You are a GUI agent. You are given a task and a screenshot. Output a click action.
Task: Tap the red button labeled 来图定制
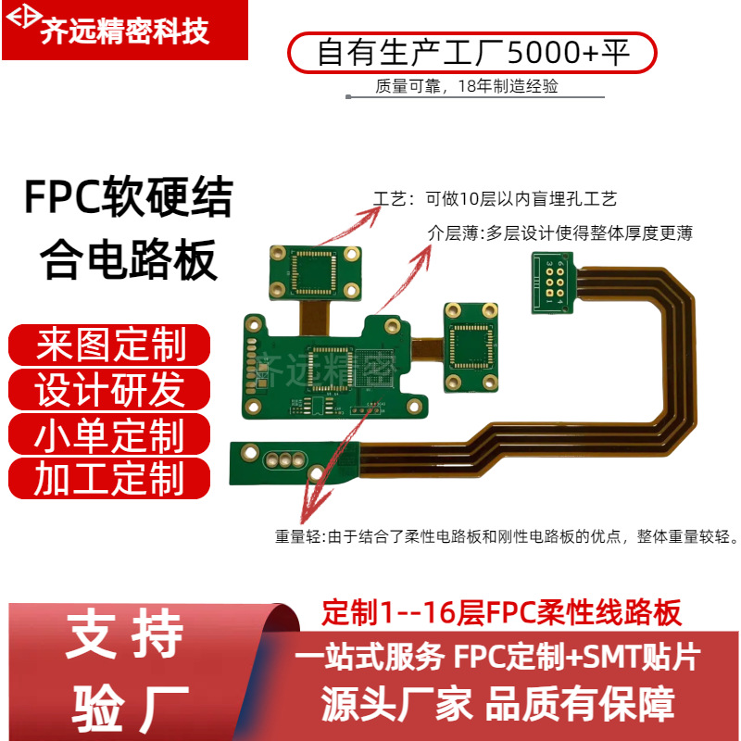[x=110, y=346]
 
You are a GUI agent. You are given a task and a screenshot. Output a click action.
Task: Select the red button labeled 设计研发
[x=110, y=390]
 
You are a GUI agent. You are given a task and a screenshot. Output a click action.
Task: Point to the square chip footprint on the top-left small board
[x=314, y=272]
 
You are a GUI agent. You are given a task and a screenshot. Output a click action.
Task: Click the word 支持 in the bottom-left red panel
[x=125, y=636]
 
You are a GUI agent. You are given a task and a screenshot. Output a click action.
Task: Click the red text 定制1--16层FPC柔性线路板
[x=501, y=612]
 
